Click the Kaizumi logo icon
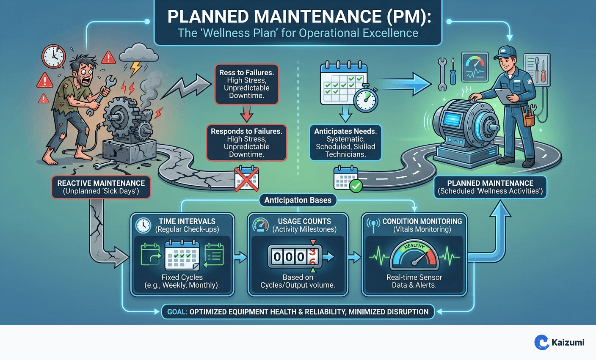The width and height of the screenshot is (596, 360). (541, 342)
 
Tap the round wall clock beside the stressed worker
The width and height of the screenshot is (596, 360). (53, 56)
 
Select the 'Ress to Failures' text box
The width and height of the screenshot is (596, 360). (246, 84)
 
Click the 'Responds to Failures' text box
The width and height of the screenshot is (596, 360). (246, 143)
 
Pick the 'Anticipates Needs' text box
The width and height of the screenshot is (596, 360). (345, 143)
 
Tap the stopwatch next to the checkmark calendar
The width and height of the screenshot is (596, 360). (365, 100)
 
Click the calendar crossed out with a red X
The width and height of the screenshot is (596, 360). (246, 178)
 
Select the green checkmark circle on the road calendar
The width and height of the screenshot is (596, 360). (356, 186)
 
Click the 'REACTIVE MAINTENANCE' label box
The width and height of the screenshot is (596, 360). (101, 187)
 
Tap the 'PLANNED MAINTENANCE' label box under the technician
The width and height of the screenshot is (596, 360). (490, 187)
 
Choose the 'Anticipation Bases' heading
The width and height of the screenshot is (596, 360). (298, 200)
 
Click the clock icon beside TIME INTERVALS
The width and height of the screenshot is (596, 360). (143, 225)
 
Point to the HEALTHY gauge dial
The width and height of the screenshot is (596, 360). (414, 256)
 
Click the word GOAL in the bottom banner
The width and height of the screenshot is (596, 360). (177, 312)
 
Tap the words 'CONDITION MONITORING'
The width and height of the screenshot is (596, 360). (422, 221)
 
